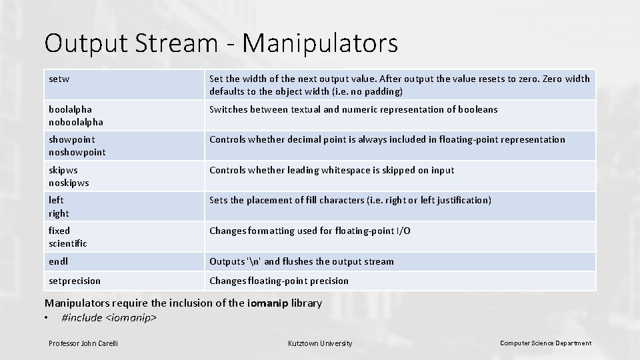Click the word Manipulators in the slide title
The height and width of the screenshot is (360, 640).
click(x=321, y=43)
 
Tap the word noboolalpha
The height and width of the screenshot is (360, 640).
click(x=76, y=122)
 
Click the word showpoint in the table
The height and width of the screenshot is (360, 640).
click(x=71, y=139)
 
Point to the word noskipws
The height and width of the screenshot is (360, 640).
click(x=69, y=183)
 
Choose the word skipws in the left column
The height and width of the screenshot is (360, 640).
click(x=63, y=170)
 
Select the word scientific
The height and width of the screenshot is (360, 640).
click(x=68, y=243)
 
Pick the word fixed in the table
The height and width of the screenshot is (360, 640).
click(x=59, y=231)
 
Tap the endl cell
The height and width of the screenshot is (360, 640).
click(x=58, y=261)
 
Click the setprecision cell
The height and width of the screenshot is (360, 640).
click(x=75, y=281)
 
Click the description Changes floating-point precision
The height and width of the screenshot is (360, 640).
click(x=279, y=281)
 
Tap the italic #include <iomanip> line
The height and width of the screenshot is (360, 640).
click(x=109, y=318)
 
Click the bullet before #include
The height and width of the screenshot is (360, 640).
click(x=47, y=318)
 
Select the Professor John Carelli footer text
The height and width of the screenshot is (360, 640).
click(x=83, y=343)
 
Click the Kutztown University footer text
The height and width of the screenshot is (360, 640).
click(x=320, y=343)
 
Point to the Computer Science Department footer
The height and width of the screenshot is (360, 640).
click(x=545, y=343)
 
